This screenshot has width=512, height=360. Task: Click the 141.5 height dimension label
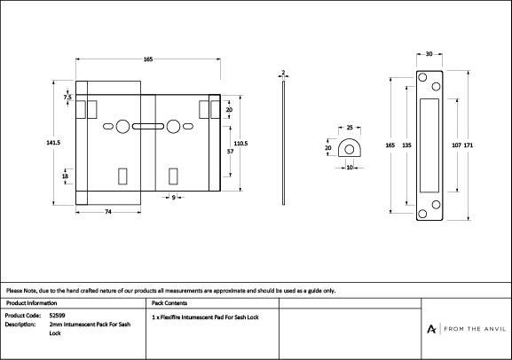click(53, 143)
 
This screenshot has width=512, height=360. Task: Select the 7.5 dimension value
click(67, 98)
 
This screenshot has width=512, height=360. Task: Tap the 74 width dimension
click(108, 212)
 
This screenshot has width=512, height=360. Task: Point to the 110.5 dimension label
click(241, 144)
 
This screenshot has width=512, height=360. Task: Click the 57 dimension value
click(230, 152)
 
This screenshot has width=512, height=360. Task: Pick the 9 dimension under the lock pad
click(173, 197)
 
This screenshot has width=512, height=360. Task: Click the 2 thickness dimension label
click(283, 73)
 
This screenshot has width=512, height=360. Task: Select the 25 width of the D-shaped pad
click(350, 128)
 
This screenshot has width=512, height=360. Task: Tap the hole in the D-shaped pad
click(349, 150)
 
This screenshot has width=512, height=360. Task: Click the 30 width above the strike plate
click(429, 54)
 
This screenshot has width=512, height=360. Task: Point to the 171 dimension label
click(469, 145)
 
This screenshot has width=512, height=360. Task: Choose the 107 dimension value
click(456, 145)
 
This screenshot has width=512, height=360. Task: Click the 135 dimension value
click(406, 145)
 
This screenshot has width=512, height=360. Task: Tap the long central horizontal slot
click(148, 126)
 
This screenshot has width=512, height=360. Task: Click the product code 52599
click(57, 316)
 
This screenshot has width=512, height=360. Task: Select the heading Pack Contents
click(169, 303)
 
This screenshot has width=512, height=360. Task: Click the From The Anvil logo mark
click(431, 329)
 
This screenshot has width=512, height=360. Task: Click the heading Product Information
click(31, 303)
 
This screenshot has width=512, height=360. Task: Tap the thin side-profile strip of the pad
click(283, 143)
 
